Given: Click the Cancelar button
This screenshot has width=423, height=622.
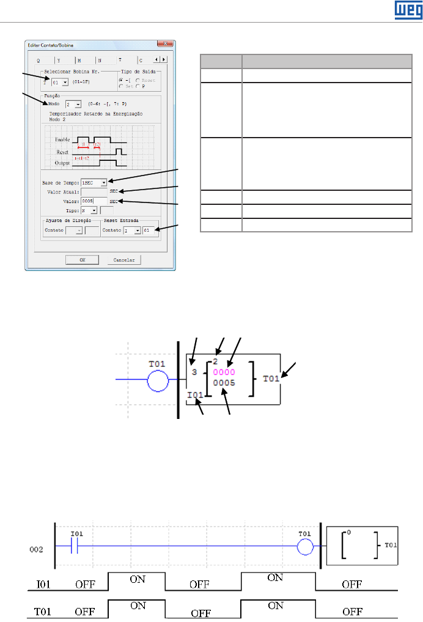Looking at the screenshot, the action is click(124, 260).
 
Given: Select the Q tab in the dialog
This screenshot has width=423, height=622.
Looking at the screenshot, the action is click(39, 61).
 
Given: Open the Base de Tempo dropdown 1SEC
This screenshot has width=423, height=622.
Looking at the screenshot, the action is click(94, 182).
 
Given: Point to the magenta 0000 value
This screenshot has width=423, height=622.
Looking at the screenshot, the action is click(223, 371).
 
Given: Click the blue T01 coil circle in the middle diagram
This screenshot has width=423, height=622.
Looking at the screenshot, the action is click(158, 382).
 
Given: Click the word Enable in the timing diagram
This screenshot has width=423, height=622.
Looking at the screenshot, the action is click(62, 140).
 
